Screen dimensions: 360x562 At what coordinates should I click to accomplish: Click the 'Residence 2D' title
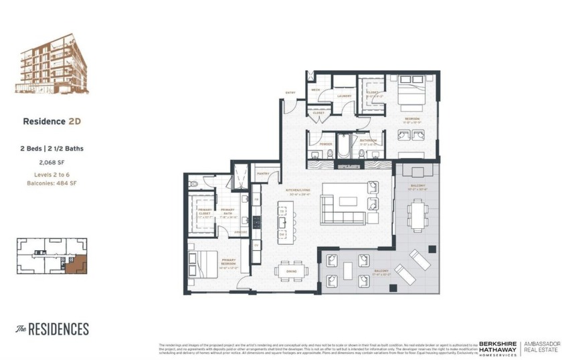pyautogui.click(x=52, y=121)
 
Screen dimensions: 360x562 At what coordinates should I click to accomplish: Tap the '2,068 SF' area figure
pyautogui.click(x=52, y=162)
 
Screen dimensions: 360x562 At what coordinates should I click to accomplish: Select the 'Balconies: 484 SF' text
pyautogui.click(x=52, y=183)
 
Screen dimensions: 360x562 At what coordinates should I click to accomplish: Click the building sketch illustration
pyautogui.click(x=51, y=65)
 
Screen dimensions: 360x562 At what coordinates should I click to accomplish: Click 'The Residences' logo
pyautogui.click(x=52, y=329)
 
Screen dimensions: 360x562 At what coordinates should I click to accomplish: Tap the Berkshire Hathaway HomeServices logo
pyautogui.click(x=498, y=349)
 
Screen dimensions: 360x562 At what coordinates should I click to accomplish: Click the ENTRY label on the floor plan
pyautogui.click(x=290, y=92)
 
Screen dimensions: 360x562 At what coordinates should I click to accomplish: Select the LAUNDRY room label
pyautogui.click(x=344, y=96)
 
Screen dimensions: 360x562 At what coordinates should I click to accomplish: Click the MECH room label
pyautogui.click(x=316, y=89)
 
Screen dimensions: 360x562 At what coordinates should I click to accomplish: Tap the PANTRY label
pyautogui.click(x=263, y=173)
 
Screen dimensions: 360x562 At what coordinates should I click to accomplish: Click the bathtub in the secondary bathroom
pyautogui.click(x=343, y=146)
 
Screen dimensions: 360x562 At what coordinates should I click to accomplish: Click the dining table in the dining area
pyautogui.click(x=292, y=271)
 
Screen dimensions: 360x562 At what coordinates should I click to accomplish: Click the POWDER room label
pyautogui.click(x=326, y=144)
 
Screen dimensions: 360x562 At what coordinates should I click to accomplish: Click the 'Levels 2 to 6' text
pyautogui.click(x=52, y=175)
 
